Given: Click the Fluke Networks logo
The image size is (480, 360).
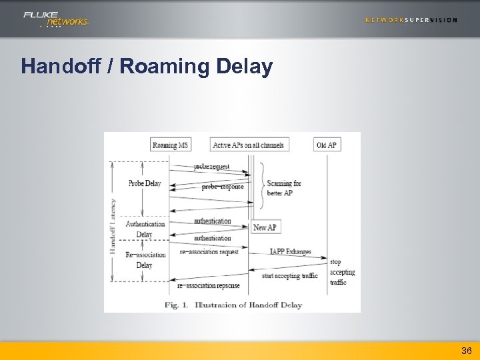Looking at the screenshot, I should point(55,19).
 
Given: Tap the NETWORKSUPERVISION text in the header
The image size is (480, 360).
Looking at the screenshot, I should point(411,20).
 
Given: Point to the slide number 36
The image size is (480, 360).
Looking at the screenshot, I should point(466,350).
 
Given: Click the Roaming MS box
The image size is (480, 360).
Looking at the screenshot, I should point(169,145).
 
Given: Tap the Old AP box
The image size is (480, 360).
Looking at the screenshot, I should point(327,145).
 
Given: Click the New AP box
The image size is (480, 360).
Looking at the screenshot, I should point(265,227).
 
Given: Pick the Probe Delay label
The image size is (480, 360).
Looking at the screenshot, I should point(145,183).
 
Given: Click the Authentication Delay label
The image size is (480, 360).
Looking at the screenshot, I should point(145,229).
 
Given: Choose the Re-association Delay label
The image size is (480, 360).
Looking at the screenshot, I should point(145,259).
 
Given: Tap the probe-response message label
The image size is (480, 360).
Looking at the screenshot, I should point(222,187).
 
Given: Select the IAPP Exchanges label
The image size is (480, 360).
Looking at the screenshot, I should point(290,252).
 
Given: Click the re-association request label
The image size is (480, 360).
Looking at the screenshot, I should point(209,252).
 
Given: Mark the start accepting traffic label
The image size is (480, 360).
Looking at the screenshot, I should point(289,275).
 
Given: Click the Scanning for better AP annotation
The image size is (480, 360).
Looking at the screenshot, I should point(284,188).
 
